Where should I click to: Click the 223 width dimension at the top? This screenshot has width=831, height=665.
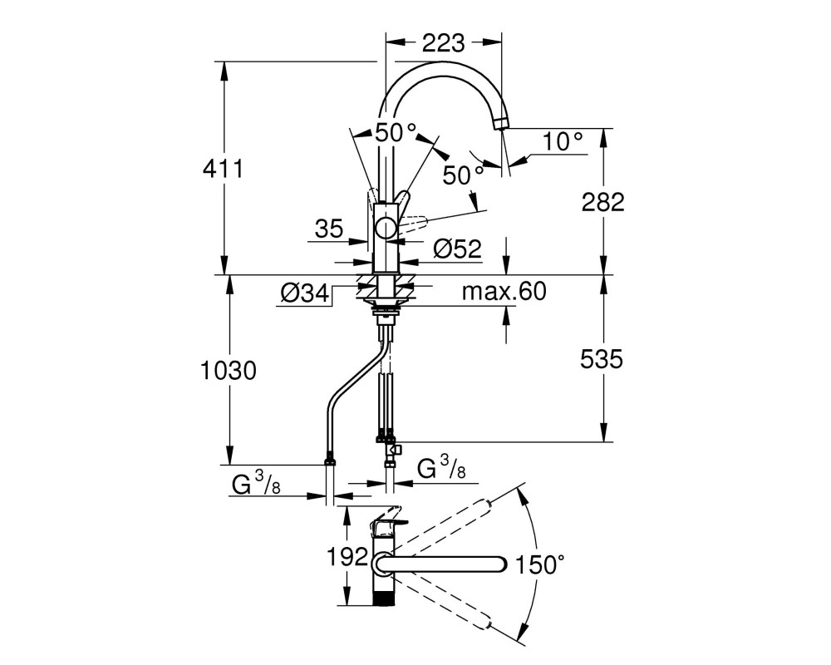click(443, 43)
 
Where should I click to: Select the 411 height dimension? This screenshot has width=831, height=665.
click(223, 170)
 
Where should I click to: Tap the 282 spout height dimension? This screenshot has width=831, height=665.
click(603, 202)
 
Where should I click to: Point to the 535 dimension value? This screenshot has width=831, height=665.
click(602, 360)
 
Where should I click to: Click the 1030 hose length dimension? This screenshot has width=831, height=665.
click(229, 371)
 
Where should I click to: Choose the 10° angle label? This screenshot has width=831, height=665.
click(563, 141)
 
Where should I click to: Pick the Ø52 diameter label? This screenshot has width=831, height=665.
click(457, 249)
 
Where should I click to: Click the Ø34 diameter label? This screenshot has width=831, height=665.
click(305, 293)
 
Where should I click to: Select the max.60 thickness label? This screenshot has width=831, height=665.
click(504, 291)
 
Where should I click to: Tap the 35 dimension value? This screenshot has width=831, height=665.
click(329, 229)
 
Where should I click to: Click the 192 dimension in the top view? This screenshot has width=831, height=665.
click(347, 557)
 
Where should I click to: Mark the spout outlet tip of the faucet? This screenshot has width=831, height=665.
click(500, 126)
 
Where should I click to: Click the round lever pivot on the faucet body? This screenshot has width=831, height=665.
click(386, 229)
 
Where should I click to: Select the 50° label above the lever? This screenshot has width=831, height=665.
click(396, 132)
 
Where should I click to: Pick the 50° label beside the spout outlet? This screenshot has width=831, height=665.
click(463, 175)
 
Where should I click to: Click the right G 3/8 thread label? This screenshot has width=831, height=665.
click(442, 468)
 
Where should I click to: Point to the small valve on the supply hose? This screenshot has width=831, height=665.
click(393, 451)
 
